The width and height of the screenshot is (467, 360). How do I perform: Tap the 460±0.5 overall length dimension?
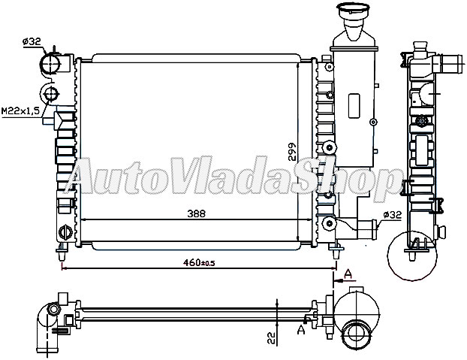click(198, 263)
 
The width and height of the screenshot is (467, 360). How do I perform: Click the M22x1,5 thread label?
click(20, 110)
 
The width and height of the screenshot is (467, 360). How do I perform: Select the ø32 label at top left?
click(32, 42)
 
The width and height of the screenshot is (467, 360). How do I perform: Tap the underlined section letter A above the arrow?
click(348, 274)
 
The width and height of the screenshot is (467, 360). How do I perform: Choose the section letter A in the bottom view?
click(301, 328)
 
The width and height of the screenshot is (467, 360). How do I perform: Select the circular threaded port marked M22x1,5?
click(51, 94)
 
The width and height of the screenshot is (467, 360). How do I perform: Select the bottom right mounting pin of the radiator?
click(333, 248)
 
